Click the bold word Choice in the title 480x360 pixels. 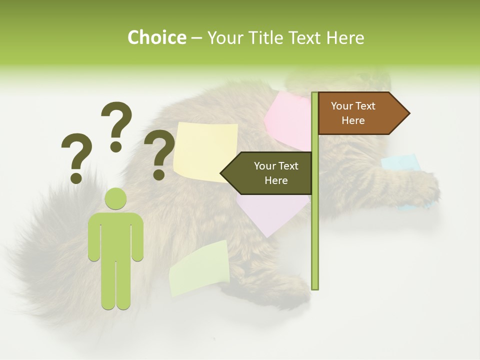[x=156, y=37]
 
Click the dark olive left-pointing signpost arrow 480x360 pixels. [x=267, y=173]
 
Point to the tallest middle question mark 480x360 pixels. [x=116, y=126]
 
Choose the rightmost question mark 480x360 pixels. [x=159, y=154]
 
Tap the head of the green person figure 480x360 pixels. [x=116, y=199]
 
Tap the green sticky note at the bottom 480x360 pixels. [x=199, y=269]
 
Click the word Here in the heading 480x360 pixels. [x=344, y=37]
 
